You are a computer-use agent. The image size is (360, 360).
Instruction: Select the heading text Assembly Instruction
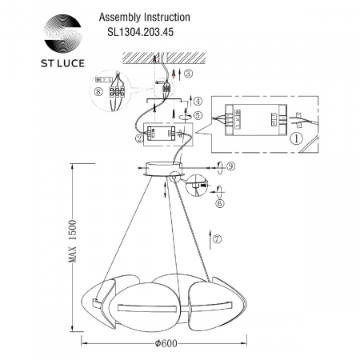pos(143,16)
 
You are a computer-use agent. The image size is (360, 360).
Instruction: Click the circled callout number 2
pos(141,138)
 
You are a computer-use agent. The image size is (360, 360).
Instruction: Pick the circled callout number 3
pos(187,74)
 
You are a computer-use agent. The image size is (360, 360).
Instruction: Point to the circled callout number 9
pos(230,166)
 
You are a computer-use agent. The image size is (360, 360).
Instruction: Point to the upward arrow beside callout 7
pos(210,238)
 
